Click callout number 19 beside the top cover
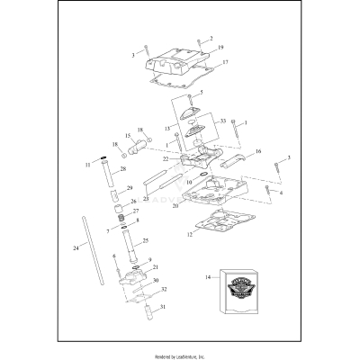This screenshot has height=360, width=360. [x=220, y=46]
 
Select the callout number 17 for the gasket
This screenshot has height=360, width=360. [x=226, y=63]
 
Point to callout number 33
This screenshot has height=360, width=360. [x=223, y=119]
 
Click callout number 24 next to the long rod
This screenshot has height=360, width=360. [x=75, y=246]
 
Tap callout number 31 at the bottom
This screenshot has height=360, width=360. [x=164, y=307]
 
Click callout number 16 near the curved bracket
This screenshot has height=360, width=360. [x=258, y=152]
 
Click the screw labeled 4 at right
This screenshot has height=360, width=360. [x=269, y=190]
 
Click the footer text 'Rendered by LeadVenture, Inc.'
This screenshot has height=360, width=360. [x=179, y=352]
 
